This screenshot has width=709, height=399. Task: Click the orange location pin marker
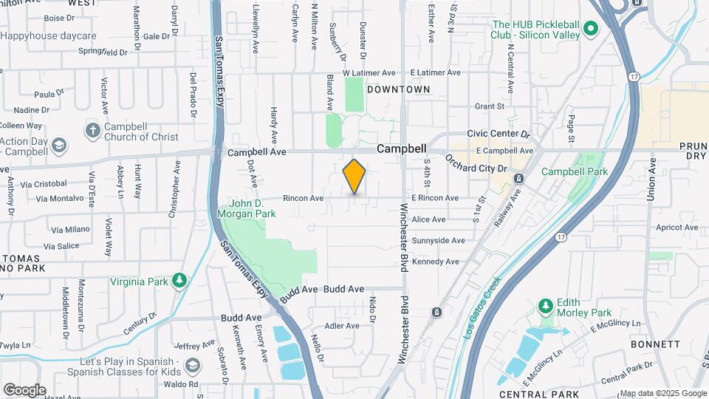(354, 176)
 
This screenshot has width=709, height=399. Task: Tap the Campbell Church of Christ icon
(92, 131)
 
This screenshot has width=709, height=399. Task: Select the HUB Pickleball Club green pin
(590, 29)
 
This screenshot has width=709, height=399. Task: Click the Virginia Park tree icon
(178, 281)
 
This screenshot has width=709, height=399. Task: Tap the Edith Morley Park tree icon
(545, 305)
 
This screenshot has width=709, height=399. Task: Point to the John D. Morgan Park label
(247, 208)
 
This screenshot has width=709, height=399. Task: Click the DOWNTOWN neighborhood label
(398, 89)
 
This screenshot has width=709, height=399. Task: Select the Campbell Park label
(574, 171)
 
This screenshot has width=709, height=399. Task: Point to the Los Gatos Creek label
(482, 307)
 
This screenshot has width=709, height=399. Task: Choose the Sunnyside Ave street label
(438, 240)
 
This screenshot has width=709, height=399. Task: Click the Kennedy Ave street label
(436, 262)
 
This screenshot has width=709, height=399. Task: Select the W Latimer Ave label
(370, 73)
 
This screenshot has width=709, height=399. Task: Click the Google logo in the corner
(24, 390)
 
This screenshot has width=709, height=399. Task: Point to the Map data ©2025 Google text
(662, 393)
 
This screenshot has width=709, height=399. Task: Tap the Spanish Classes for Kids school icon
(192, 365)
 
